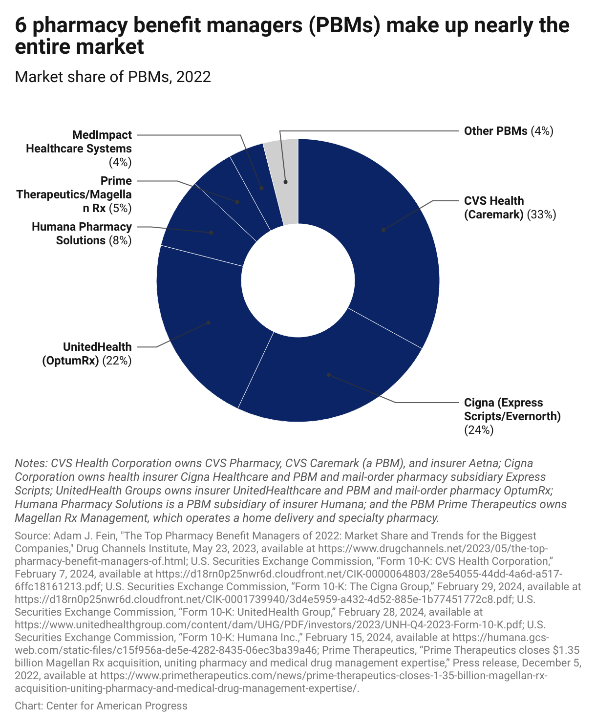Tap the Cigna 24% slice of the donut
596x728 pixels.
point(327,376)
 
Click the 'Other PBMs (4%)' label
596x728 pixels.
point(508,131)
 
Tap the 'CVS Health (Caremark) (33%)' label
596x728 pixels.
point(510,208)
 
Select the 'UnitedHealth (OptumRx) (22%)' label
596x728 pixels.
point(86,354)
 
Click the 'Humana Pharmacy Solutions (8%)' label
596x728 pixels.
point(82,234)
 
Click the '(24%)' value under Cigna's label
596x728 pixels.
point(479,430)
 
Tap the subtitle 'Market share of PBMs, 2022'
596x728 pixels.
point(113,77)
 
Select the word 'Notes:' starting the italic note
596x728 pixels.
point(31,463)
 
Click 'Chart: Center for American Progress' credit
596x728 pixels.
point(101,706)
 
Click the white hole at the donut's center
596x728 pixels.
point(298,280)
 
